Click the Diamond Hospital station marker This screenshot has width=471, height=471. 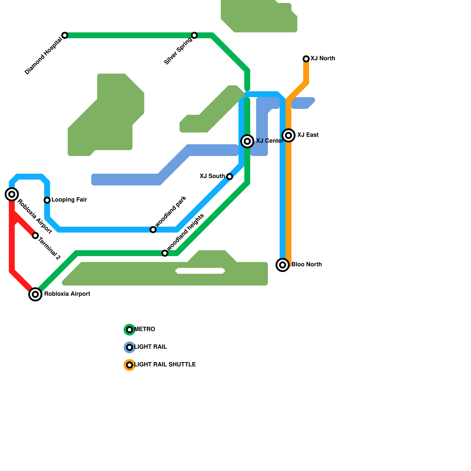65,35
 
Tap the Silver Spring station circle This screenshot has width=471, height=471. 194,35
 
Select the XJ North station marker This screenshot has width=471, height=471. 306,59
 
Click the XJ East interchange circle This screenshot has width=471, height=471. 288,135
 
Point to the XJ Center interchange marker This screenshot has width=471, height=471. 247,141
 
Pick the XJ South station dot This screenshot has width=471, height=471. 230,177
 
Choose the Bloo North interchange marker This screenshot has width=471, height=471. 283,265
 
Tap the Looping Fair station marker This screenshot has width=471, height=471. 47,200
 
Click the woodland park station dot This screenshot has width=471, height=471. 153,230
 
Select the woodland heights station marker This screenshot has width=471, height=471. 165,253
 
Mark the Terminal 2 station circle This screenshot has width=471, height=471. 35,235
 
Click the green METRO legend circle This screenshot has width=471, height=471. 130,330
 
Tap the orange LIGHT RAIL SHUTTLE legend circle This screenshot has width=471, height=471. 130,365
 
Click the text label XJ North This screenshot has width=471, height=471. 323,58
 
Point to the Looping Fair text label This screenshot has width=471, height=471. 69,200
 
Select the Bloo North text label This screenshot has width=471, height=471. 306,264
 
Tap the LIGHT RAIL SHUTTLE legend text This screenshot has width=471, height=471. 165,364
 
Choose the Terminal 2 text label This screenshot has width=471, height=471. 49,249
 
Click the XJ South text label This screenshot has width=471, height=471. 212,176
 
